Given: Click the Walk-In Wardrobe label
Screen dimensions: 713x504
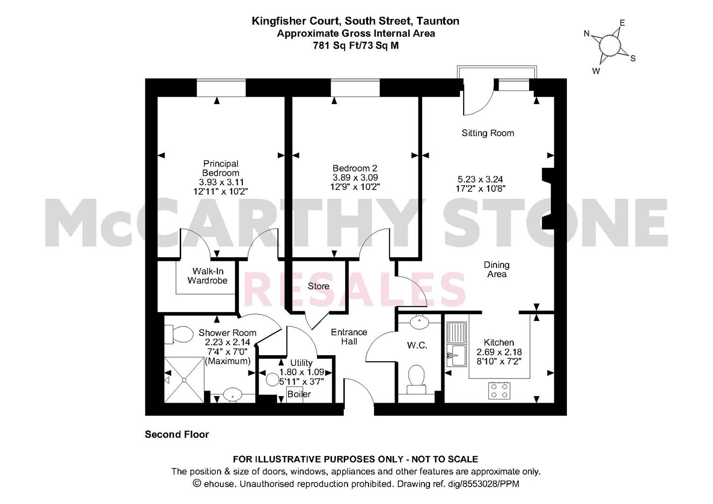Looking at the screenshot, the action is [x=207, y=276].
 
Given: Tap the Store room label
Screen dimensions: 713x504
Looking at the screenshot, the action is [x=318, y=286].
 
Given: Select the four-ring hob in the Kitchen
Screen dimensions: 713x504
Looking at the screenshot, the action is [x=499, y=391].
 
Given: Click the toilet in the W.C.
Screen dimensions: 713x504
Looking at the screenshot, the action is [x=416, y=380].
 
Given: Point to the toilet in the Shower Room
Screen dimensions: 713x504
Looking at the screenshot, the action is [x=179, y=334].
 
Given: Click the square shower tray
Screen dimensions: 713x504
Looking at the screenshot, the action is [x=184, y=380].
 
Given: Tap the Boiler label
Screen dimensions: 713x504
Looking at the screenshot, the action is [x=299, y=394].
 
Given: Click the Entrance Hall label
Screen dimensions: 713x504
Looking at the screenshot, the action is [x=349, y=336].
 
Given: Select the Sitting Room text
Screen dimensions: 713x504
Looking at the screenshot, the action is [x=487, y=133].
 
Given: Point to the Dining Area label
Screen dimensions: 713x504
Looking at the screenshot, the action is [x=496, y=269].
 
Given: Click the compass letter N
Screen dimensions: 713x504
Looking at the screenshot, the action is [x=586, y=34].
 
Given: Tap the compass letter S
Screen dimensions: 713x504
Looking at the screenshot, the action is [x=633, y=58].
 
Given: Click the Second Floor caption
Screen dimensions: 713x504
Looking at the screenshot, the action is [x=176, y=434].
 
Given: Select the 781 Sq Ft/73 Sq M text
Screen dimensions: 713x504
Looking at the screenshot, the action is [x=356, y=46].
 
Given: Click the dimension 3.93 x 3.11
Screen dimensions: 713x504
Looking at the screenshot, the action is [x=221, y=182].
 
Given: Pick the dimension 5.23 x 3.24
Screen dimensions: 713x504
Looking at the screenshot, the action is [x=480, y=179].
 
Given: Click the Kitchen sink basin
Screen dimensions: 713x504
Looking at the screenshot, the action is [x=457, y=355].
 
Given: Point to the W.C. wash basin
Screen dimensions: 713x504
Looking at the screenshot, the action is [x=419, y=322].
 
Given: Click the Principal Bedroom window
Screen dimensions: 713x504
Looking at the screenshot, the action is [x=221, y=88].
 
